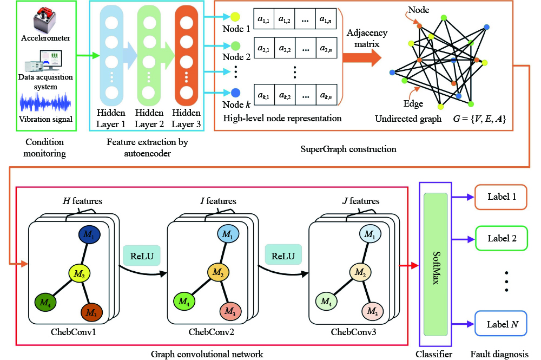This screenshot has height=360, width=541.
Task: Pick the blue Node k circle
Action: [235, 93]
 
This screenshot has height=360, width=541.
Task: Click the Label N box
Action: [501, 324]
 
